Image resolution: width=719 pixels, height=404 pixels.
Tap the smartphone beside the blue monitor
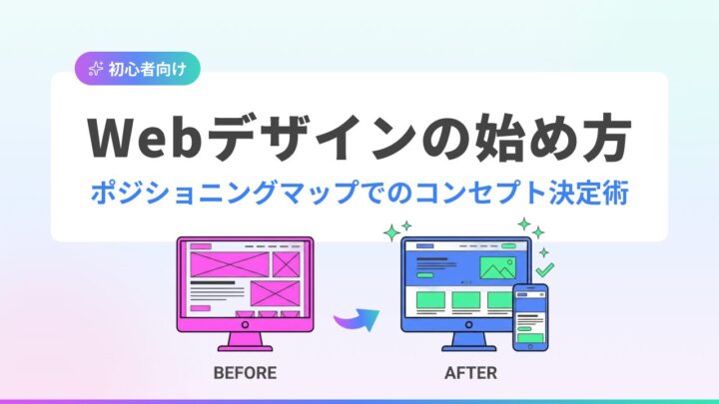[x=529, y=317]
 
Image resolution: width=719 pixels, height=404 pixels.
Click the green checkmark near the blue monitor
[x=544, y=268]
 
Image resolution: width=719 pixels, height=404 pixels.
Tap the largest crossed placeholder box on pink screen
[x=223, y=264]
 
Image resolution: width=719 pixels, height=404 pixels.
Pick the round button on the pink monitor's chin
[x=245, y=324]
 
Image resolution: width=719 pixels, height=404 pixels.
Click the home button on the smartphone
[x=529, y=344]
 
